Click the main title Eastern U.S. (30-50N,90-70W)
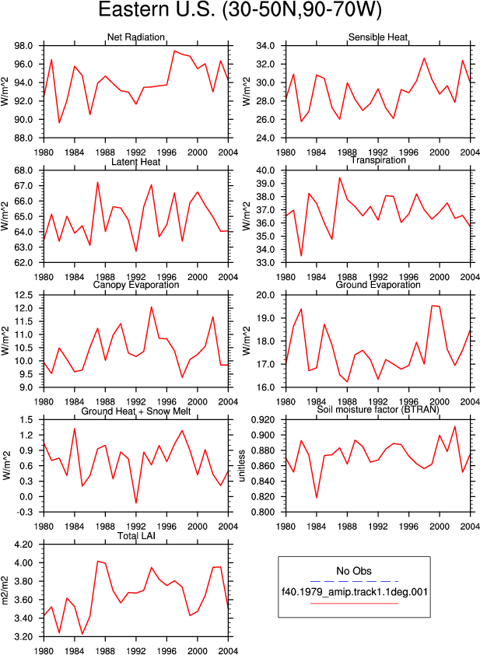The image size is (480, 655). tap(240, 9)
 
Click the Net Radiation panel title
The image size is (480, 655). tap(136, 37)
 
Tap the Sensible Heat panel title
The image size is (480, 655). tap(378, 37)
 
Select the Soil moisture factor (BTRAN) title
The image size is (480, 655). tap(378, 409)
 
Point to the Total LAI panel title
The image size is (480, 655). tap(136, 535)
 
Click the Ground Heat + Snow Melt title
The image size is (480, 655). tap(136, 411)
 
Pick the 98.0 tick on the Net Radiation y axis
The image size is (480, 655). tap(24, 46)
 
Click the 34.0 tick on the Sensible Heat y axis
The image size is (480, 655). tap(266, 46)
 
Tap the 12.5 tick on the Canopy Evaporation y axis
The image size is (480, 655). tap(24, 296)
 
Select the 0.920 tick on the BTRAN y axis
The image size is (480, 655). tap(263, 420)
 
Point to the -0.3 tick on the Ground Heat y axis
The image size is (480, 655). tap(25, 512)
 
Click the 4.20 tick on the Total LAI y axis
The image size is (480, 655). tap(24, 545)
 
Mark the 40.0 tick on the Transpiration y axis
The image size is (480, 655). tap(266, 170)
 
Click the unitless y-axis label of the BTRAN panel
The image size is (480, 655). tap(242, 466)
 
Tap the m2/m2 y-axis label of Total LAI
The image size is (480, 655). tap(5, 590)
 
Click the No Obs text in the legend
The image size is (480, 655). tap(354, 571)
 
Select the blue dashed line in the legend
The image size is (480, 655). tap(354, 581)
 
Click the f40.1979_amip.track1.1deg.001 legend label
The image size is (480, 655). tap(355, 592)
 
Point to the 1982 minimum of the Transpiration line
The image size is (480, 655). tap(301, 256)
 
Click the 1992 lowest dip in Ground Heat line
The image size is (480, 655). tap(136, 503)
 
